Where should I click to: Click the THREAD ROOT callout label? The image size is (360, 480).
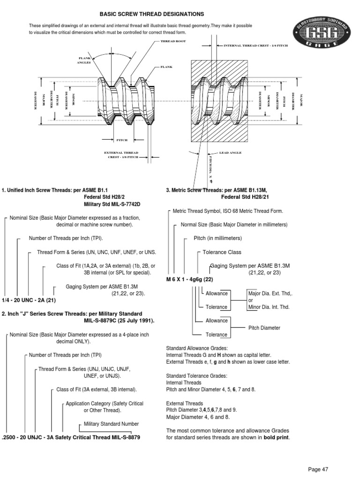(174, 41)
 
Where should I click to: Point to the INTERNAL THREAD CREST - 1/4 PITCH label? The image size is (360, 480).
(255, 45)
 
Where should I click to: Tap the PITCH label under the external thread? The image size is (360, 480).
(122, 140)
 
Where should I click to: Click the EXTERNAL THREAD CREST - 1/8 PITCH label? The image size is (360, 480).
(121, 155)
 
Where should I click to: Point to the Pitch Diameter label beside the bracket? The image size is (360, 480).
(264, 328)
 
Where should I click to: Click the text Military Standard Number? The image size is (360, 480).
(111, 424)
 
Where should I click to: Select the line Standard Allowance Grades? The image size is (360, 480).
(197, 348)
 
